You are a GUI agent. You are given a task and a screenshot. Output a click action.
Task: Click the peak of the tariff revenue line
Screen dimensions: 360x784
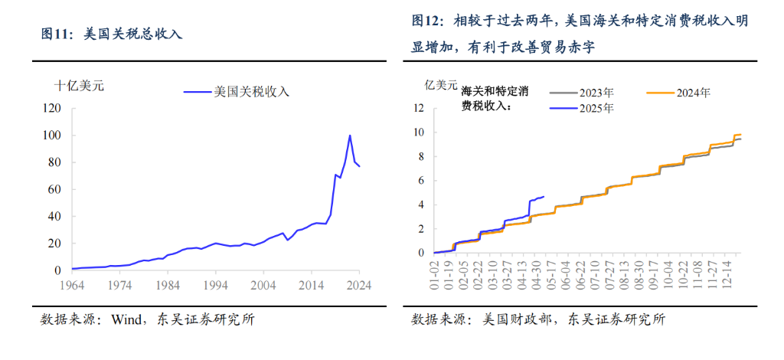(x=350, y=136)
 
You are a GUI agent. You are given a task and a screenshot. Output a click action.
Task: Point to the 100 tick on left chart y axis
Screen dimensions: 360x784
(x=52, y=136)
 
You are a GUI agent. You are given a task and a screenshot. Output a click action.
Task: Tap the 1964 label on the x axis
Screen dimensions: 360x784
(x=72, y=284)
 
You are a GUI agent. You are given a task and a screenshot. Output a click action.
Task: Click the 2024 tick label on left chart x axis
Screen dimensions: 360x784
(x=358, y=284)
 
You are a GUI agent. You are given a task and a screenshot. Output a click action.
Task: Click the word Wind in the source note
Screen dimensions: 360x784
(x=126, y=319)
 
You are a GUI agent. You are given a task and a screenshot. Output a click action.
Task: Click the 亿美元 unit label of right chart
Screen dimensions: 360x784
(x=441, y=86)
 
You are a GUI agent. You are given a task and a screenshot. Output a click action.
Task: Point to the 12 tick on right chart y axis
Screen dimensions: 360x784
(x=419, y=108)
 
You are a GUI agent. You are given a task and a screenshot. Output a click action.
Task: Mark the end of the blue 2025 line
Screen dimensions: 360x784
(x=544, y=196)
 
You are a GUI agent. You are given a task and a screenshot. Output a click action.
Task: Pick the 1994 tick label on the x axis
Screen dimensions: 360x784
(x=215, y=284)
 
